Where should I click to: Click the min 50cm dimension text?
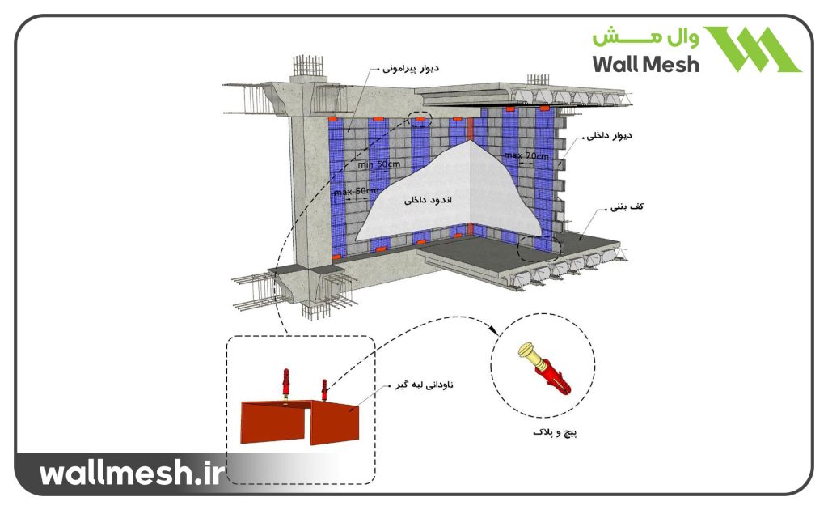point(378,164)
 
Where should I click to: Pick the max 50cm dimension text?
point(356,191)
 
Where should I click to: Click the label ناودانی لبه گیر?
point(423,385)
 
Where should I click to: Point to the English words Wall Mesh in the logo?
point(645,64)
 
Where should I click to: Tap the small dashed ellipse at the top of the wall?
point(420,119)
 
